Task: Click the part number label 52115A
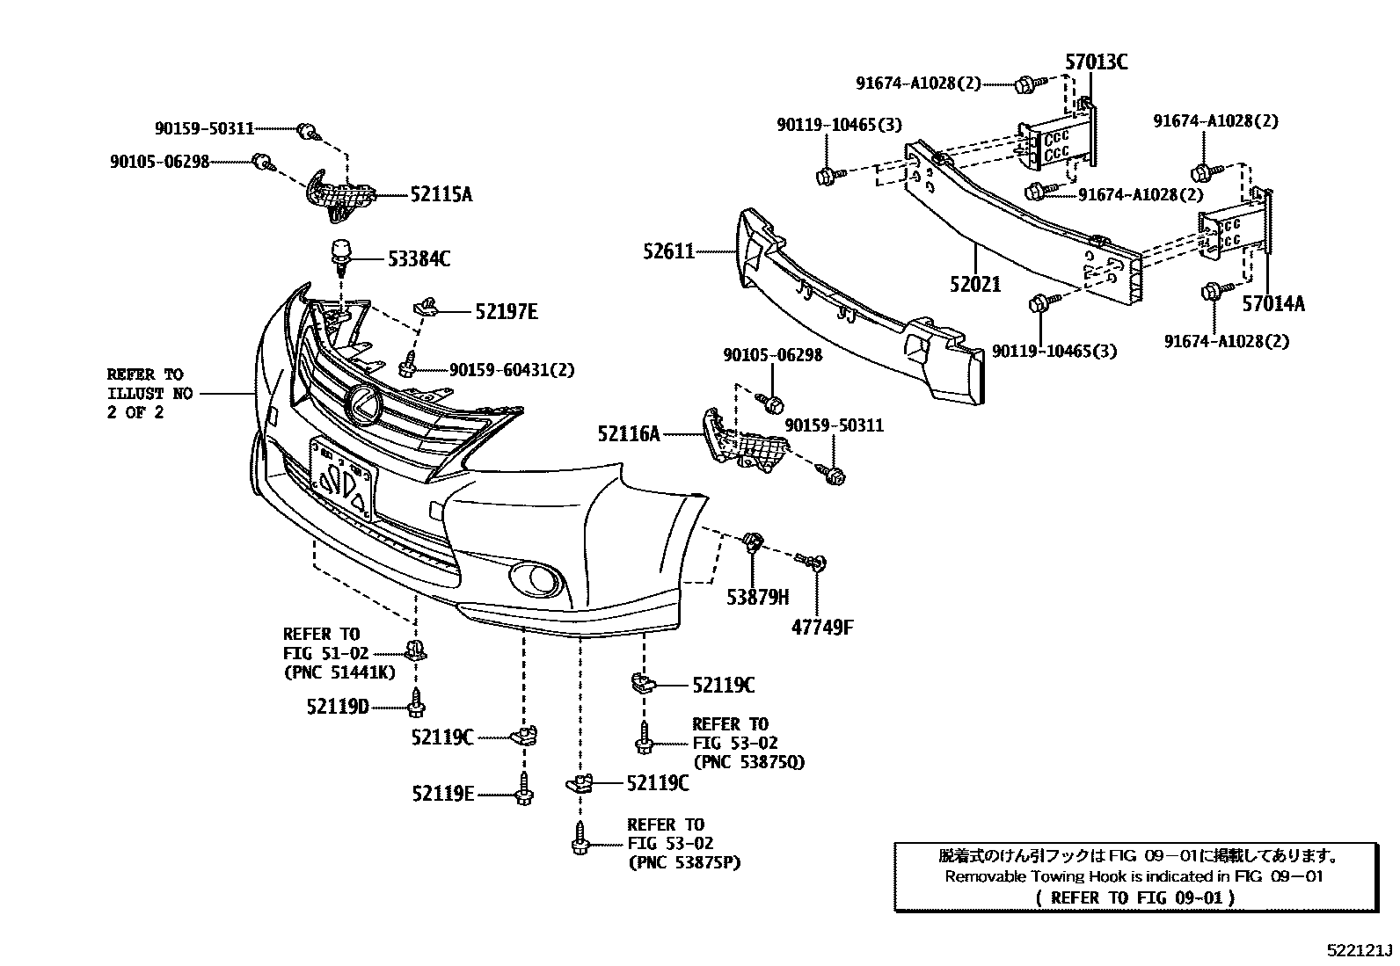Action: click(x=441, y=195)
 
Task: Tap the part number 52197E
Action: click(x=506, y=311)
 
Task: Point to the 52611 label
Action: click(x=668, y=253)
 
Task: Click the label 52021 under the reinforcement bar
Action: click(x=974, y=285)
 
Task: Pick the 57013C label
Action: click(x=1096, y=62)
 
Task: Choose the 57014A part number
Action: click(x=1273, y=304)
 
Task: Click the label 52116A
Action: click(x=628, y=433)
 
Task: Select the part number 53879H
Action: click(x=757, y=598)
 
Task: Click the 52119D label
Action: click(x=338, y=706)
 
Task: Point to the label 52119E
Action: click(x=442, y=794)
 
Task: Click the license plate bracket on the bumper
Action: click(x=342, y=479)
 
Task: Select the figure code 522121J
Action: click(x=1360, y=951)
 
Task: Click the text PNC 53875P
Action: click(x=684, y=863)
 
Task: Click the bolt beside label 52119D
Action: click(x=416, y=702)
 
